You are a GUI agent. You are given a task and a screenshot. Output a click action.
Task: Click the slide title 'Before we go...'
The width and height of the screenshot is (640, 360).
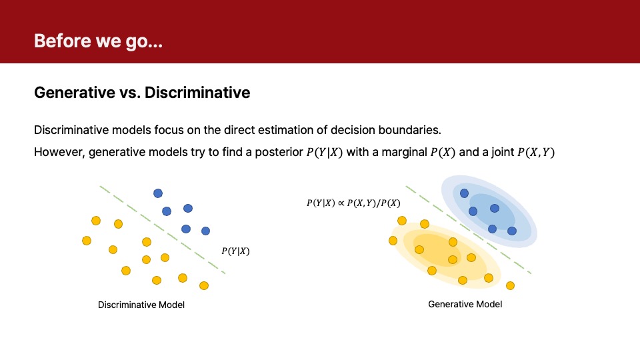[99, 41]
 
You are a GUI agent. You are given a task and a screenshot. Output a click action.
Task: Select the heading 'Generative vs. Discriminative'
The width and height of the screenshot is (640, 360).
[142, 93]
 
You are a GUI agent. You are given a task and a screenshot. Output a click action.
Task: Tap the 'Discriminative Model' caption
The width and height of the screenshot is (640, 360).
[141, 305]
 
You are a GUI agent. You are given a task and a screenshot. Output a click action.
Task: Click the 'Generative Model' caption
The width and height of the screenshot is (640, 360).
[465, 304]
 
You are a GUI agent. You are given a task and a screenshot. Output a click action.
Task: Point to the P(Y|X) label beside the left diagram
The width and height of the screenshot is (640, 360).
[235, 251]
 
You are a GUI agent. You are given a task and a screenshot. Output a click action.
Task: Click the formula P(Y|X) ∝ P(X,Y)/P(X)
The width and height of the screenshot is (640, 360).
[353, 203]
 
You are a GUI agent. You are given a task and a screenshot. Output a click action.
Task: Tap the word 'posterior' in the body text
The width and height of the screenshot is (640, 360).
[279, 152]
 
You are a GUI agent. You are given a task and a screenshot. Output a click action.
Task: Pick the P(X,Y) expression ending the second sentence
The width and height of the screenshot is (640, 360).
[536, 152]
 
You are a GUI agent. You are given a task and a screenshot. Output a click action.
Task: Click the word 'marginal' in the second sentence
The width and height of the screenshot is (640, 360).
[404, 152]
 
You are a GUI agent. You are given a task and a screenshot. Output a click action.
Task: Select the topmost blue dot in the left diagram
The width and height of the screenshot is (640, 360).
[158, 193]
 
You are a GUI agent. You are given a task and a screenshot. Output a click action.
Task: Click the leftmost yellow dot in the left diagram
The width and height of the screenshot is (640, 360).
[87, 241]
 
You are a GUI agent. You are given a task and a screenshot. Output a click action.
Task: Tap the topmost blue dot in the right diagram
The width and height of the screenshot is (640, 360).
[464, 193]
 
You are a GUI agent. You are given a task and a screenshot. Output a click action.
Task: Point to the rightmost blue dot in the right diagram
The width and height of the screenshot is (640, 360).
[512, 231]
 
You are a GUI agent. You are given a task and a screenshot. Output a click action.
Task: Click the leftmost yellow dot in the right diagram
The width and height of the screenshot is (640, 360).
[393, 241]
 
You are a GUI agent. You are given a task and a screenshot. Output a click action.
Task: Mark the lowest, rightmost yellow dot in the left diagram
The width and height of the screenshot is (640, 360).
[204, 286]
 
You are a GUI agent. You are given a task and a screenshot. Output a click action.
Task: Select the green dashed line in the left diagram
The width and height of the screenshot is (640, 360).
[163, 230]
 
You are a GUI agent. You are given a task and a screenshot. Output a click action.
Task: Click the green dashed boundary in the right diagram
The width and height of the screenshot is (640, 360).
[469, 230]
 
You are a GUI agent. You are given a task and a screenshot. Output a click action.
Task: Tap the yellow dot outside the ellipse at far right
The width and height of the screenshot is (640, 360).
[510, 286]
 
